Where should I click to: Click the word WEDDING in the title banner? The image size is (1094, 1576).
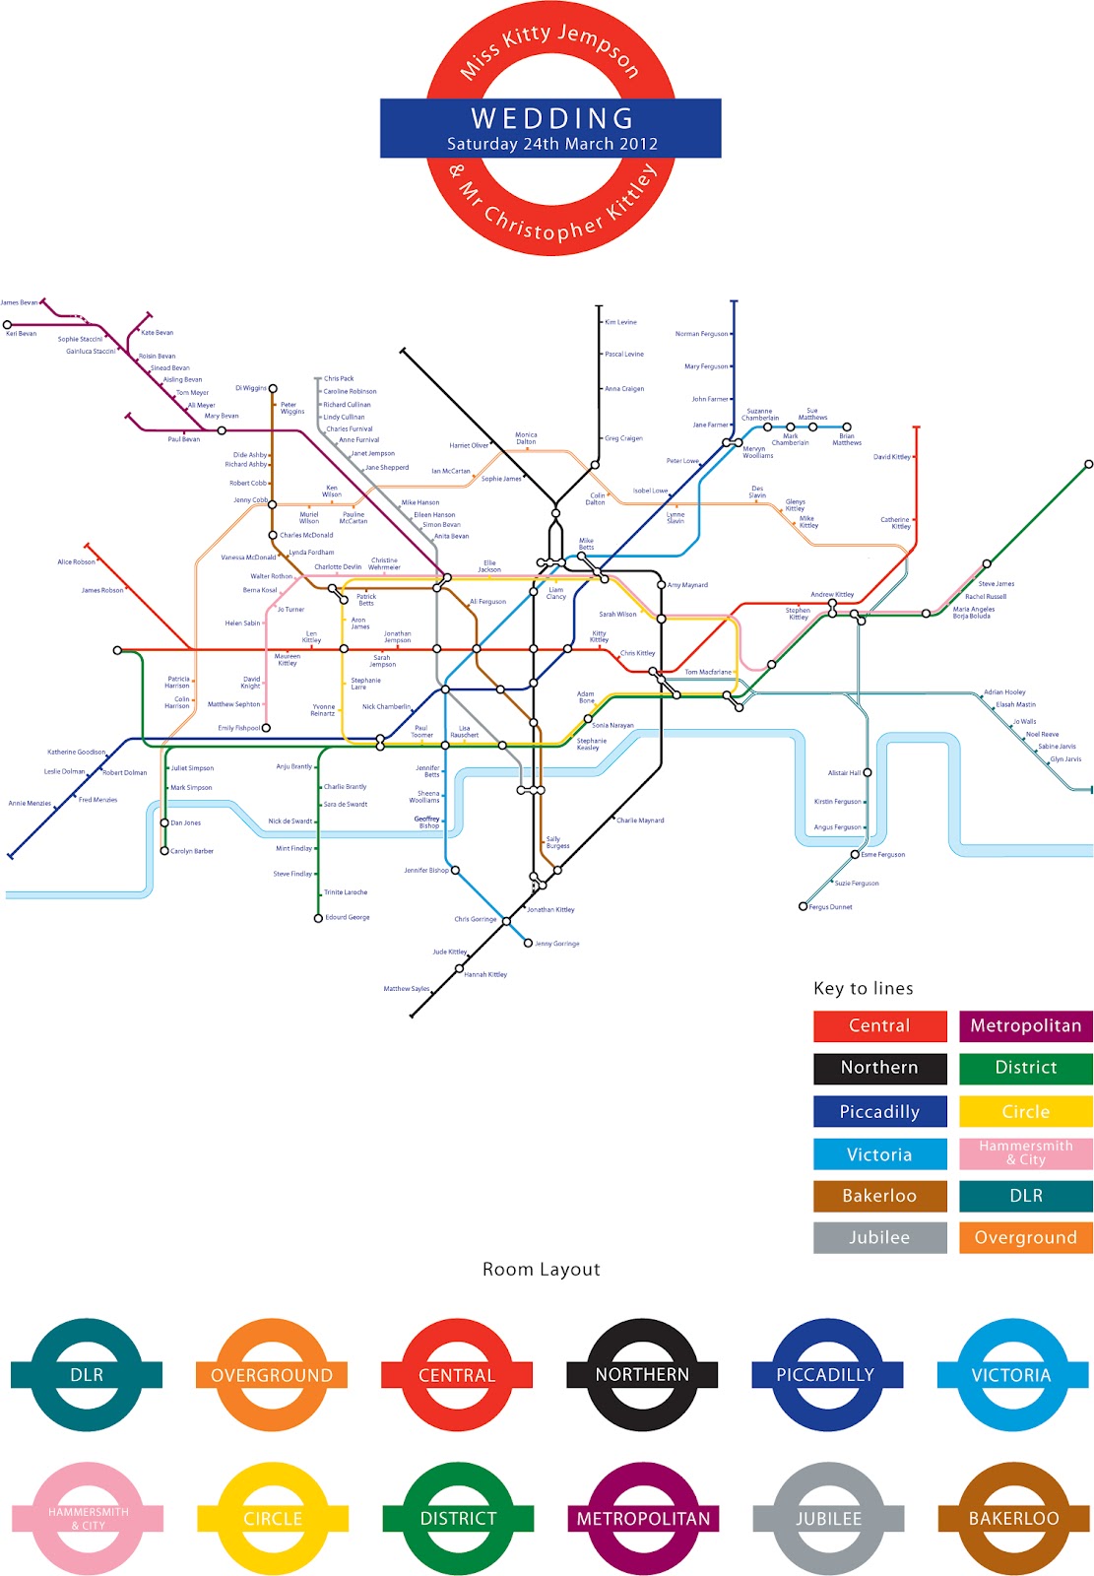pos(551,118)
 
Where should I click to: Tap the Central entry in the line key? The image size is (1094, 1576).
pos(879,1025)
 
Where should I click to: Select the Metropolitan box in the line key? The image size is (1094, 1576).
pos(1025,1025)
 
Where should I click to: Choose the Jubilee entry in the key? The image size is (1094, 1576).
pos(879,1237)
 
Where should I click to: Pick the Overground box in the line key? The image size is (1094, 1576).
pos(1025,1237)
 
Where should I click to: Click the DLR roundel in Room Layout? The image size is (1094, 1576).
pos(87,1375)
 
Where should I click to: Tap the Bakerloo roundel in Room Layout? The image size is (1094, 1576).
pos(1013,1518)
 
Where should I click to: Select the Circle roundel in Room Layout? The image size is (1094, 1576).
pos(272,1518)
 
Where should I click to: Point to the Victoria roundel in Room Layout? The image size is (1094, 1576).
pos(1011,1375)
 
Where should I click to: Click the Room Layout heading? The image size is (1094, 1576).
pos(541,1269)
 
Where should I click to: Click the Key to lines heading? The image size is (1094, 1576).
pos(863,988)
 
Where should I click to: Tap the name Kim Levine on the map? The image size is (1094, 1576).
pos(620,322)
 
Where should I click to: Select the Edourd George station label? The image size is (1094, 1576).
pos(348,917)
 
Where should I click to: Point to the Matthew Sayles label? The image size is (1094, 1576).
pos(406,989)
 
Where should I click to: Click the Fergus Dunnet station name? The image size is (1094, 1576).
pos(830,907)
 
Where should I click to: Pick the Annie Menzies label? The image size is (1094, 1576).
pos(30,803)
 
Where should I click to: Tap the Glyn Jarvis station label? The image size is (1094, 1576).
pos(1065,758)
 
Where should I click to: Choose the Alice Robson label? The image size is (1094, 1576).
pos(76,561)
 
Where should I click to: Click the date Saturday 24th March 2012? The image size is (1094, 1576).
pos(551,144)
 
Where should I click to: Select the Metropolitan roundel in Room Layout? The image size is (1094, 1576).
pos(643,1518)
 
